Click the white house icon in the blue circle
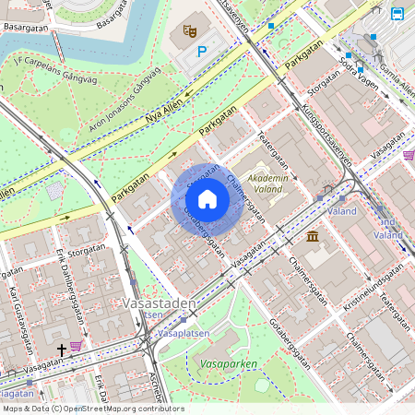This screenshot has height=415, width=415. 207,199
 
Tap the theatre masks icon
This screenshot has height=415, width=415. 190,31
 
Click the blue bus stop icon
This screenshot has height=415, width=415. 397,14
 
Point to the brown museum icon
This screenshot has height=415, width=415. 313,237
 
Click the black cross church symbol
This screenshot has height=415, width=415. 62,350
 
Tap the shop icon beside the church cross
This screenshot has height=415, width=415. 76,346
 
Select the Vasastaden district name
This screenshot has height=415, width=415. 158,303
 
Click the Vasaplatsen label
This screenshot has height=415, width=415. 184,332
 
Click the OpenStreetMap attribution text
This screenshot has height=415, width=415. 92,409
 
